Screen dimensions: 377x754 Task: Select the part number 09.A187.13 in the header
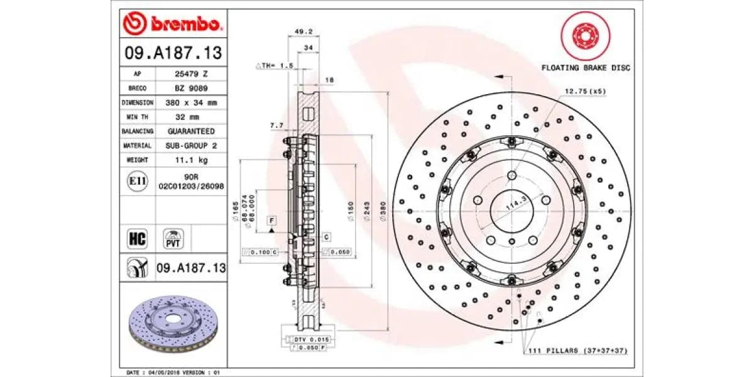173,53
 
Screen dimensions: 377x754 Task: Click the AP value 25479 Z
190,74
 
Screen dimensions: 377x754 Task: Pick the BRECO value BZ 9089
190,89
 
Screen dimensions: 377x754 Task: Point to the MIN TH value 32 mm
190,117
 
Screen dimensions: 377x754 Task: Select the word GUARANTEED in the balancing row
190,131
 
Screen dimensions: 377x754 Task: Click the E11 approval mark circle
137,182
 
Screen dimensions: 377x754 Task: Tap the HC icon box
137,239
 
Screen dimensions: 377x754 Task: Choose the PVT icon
172,239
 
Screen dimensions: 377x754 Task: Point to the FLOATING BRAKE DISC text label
586,68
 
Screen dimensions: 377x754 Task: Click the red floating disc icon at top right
584,36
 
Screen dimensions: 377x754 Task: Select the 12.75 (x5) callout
585,92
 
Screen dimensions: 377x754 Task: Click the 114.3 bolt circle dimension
516,204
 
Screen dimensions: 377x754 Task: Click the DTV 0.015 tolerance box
307,339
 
